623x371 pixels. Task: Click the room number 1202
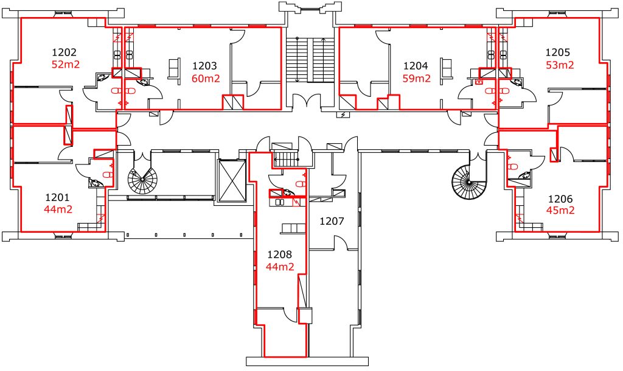tap(64, 52)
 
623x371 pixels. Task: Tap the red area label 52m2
tap(66, 65)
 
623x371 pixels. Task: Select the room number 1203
tap(204, 66)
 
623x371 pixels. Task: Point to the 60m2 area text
tap(206, 79)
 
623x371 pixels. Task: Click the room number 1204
tap(416, 66)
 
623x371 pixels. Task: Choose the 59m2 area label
tap(416, 79)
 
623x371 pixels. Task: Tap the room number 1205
tap(558, 52)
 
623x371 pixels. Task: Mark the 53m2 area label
tap(560, 65)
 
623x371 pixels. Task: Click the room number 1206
tap(560, 199)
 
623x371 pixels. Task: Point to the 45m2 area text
tap(560, 210)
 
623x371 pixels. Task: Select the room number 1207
tap(332, 221)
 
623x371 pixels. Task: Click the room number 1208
tap(280, 254)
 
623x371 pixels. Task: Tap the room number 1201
tap(57, 197)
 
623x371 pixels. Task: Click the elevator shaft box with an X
tap(232, 181)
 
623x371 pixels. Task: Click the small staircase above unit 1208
tap(286, 159)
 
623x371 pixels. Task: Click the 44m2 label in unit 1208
tap(280, 267)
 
